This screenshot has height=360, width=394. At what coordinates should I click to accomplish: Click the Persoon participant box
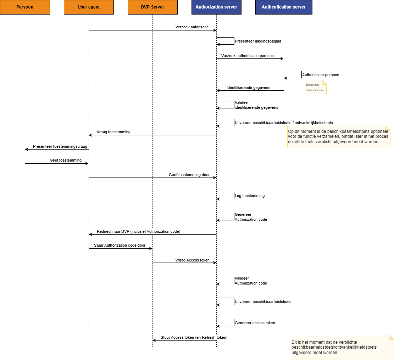pos(25,7)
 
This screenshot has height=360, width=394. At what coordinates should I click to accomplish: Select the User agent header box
pos(89,7)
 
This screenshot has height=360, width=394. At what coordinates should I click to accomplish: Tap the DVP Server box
pos(152,7)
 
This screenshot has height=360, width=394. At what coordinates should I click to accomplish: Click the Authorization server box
pos(216,7)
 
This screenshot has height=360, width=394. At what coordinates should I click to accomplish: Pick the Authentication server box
pos(284,7)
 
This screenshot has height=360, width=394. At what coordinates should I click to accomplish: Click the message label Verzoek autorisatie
pos(192,27)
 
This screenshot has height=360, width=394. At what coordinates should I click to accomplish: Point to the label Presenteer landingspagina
pos(258,41)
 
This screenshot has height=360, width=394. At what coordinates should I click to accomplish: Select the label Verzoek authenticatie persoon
pos(247,56)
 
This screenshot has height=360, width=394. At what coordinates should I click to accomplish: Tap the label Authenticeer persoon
pos(321,75)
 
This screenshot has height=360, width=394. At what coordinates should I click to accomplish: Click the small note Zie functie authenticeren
pos(315,87)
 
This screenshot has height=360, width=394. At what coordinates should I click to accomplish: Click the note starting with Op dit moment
pos(338,136)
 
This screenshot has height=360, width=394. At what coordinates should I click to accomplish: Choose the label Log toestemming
pos(250,196)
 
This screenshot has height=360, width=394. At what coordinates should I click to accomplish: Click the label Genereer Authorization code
pos(251,217)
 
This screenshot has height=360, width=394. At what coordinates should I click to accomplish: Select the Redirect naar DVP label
pos(139,232)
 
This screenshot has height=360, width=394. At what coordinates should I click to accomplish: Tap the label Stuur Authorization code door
pos(120,245)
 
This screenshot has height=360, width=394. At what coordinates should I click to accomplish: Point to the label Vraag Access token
pos(192,260)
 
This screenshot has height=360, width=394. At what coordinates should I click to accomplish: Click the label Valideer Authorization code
pos(251,281)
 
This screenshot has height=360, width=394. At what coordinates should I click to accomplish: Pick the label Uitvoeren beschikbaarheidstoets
pos(263,302)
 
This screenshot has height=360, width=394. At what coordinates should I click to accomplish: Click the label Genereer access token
pos(255,323)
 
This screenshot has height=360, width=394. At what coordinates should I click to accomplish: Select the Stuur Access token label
pos(194,337)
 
